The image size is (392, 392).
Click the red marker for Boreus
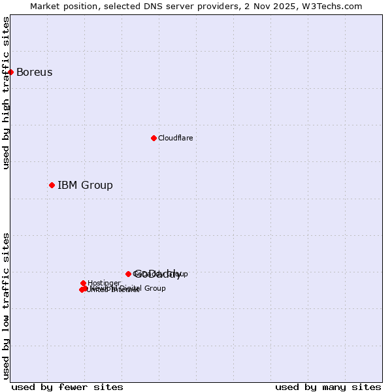11,72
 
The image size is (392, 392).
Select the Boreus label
34,72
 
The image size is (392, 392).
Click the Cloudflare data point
154,138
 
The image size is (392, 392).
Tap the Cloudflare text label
175,138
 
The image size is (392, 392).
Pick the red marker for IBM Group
52,185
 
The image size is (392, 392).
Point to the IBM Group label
85,185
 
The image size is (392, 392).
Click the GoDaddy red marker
128,274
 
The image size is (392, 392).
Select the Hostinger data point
83,283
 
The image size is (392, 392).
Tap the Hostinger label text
104,283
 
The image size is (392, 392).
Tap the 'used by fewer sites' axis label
67,387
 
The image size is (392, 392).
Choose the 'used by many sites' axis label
328,387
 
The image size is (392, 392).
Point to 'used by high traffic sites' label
6,93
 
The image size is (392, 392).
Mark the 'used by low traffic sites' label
6,305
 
